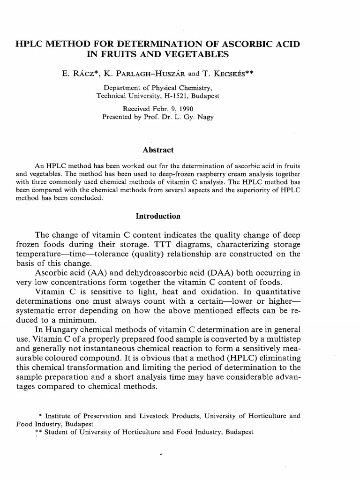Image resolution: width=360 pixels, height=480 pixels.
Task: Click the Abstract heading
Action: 158,150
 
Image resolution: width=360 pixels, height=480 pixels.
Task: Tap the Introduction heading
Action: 158,216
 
